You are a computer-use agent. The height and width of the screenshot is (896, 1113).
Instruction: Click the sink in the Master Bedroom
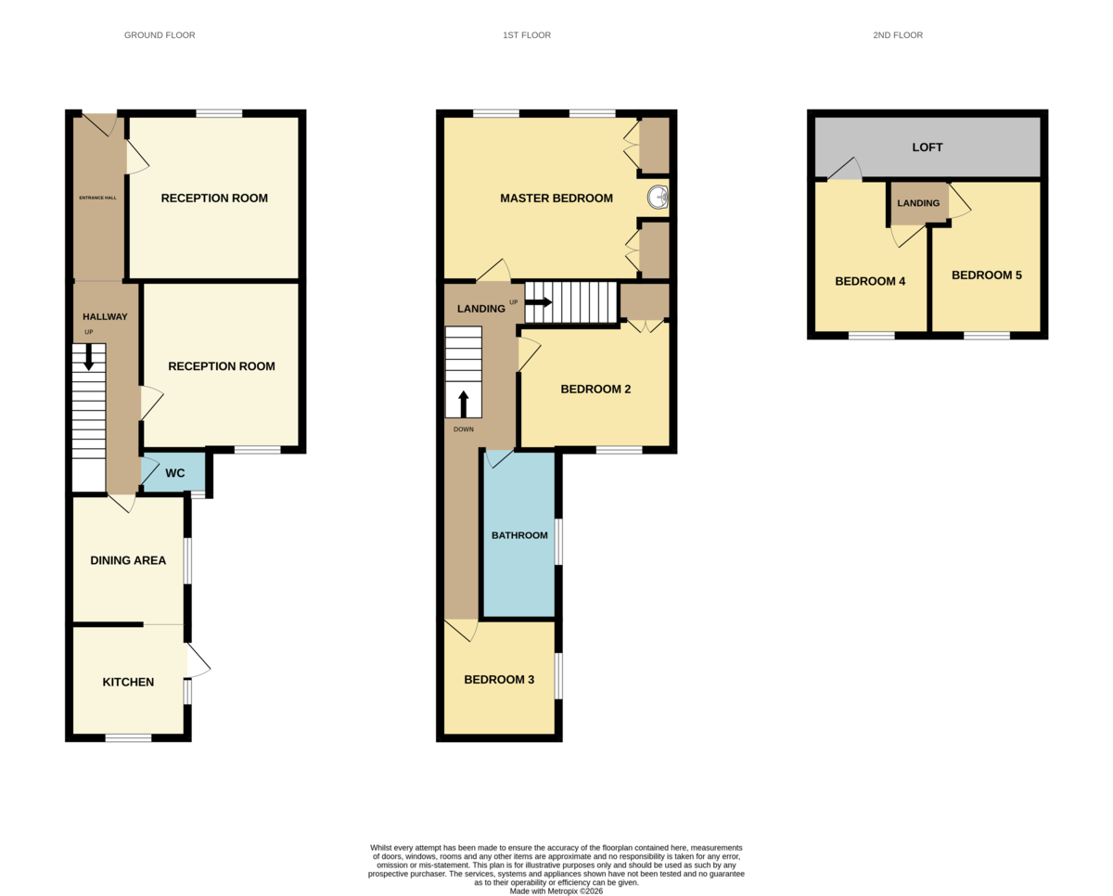[x=658, y=197]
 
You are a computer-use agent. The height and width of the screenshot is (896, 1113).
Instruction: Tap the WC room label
[x=174, y=473]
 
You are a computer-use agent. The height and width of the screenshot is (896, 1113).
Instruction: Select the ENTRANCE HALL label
[x=97, y=198]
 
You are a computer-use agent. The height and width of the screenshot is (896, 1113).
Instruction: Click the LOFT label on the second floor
[x=927, y=147]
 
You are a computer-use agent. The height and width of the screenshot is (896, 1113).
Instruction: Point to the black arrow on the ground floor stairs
[x=88, y=357]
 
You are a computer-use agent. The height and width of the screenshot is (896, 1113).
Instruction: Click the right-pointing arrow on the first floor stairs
[x=538, y=302]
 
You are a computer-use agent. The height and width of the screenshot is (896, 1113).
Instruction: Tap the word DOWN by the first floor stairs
[x=464, y=429]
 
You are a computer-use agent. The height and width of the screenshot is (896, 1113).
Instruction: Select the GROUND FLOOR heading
[x=160, y=35]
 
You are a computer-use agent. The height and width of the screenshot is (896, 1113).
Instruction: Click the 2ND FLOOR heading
[x=898, y=35]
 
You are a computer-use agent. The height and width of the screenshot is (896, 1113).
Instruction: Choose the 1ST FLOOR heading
[x=527, y=35]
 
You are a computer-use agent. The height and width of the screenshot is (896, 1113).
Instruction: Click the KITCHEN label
[x=128, y=683]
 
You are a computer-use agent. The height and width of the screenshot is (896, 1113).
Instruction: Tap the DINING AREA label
[x=128, y=560]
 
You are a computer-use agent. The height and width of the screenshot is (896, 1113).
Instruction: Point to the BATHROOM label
[x=519, y=535]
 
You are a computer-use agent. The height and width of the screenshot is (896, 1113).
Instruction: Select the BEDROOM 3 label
[x=499, y=680]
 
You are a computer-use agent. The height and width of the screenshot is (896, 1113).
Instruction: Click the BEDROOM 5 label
[x=987, y=275]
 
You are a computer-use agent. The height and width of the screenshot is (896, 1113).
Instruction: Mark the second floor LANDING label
[x=918, y=203]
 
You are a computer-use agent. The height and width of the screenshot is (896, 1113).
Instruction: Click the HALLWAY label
[x=105, y=316]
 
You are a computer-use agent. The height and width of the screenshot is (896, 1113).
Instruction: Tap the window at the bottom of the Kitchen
[x=128, y=738]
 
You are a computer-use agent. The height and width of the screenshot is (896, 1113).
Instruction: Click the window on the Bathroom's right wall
[x=558, y=542]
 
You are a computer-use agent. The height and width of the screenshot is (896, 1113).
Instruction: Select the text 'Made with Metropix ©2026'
[x=556, y=891]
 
